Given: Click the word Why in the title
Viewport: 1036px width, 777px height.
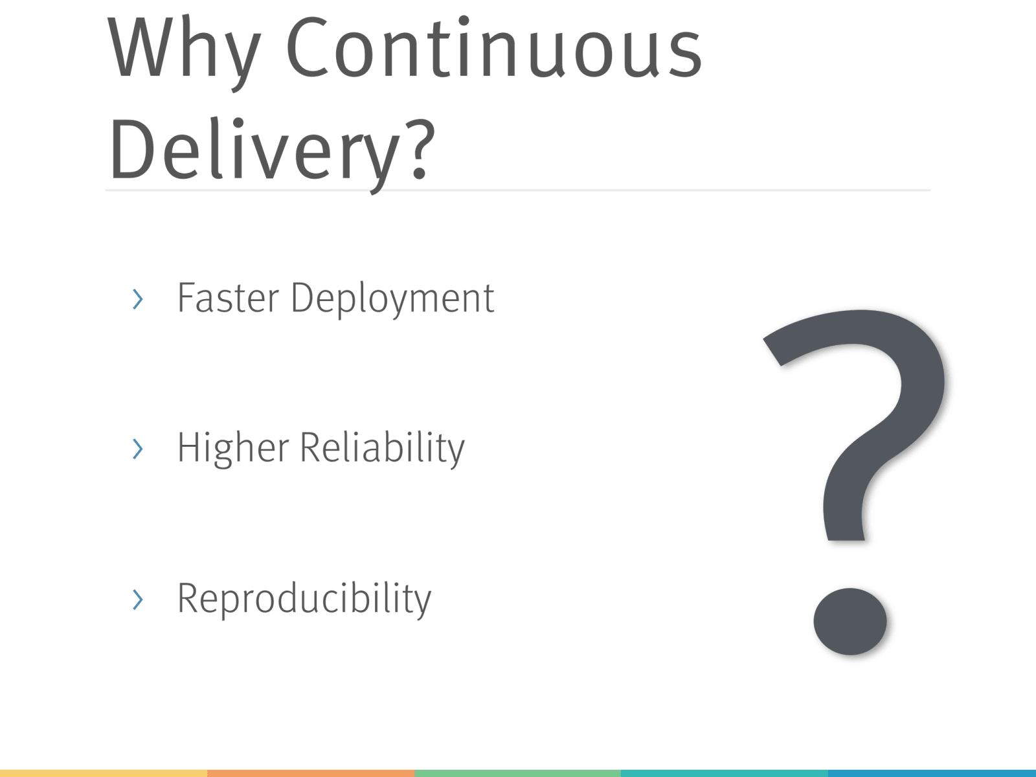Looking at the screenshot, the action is point(184,52).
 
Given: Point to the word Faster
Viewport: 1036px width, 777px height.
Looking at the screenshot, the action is point(228,298).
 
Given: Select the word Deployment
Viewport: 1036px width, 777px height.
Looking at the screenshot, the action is point(392,300).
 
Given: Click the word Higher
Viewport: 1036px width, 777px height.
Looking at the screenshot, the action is point(233,449).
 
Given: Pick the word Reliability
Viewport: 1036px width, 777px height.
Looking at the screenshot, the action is point(382,449).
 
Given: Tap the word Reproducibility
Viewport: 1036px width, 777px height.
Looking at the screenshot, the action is point(304,600).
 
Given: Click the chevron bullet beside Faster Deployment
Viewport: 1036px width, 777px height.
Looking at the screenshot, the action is point(138,299).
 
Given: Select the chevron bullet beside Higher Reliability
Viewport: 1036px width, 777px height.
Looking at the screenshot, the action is point(138,449).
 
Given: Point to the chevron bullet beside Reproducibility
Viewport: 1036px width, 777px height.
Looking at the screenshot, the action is point(138,600).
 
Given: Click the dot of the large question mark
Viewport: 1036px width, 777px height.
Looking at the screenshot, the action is point(850,622).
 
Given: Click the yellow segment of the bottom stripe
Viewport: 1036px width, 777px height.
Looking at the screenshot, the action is point(104,774).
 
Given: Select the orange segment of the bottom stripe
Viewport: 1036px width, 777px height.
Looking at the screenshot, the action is point(311,774).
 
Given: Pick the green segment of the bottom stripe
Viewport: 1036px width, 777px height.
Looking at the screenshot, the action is point(518,774).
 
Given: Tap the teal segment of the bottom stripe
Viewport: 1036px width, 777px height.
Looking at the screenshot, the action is point(725,774).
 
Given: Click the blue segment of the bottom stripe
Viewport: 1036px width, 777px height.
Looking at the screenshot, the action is point(932,774).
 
